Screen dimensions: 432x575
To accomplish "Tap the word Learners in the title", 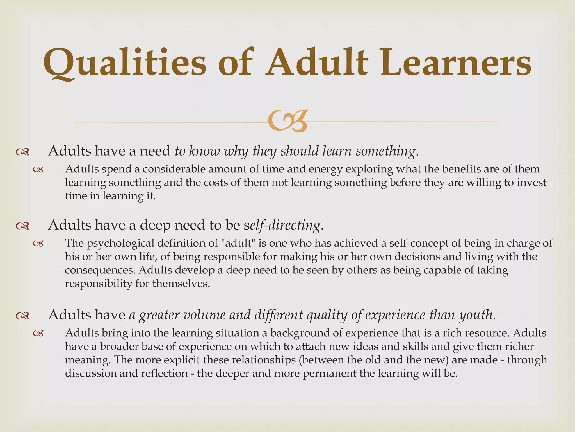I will (455, 62).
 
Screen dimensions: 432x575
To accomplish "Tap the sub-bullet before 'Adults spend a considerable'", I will (38, 170).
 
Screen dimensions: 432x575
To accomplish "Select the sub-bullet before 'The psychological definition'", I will (38, 244).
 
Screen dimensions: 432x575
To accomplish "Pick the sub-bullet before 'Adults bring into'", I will (38, 334).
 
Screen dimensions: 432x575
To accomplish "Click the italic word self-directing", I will (282, 225).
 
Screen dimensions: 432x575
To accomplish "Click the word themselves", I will (181, 283).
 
